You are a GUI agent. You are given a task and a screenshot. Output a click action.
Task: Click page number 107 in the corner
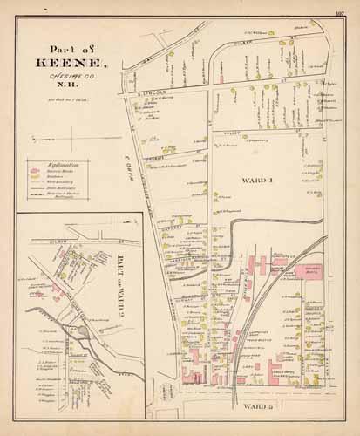(x=340, y=12)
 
